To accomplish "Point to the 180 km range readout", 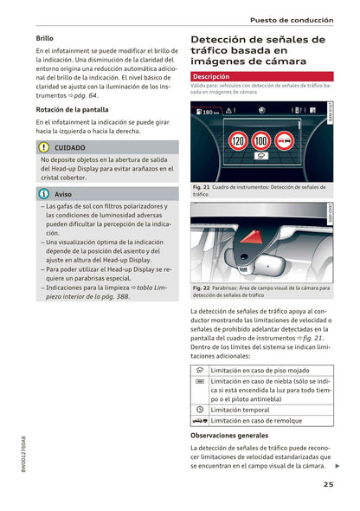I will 210,113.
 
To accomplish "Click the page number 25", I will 329,484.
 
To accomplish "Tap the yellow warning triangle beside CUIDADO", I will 44,148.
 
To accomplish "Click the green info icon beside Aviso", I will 44,194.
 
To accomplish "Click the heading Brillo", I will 45,39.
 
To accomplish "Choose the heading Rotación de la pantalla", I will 72,109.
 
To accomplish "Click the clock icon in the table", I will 200,408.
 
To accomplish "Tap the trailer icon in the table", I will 200,419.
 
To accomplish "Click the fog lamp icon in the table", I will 200,381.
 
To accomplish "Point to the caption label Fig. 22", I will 202,288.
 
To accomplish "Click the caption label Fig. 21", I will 202,186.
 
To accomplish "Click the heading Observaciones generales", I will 229,435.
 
